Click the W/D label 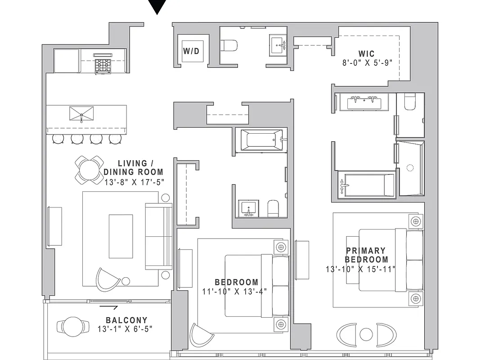tap(191, 51)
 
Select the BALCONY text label tap(125, 320)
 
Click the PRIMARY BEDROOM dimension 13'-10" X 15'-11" tap(360, 269)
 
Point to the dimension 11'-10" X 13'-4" tap(234, 291)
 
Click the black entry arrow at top tap(157, 7)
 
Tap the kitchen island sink tap(81, 113)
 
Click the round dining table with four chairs tap(89, 170)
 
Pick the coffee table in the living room tap(121, 236)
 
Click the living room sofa tap(159, 236)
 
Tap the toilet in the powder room tap(230, 45)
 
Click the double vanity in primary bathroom tap(365, 102)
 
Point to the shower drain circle tap(410, 168)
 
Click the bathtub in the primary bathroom tap(366, 185)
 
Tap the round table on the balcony tap(71, 326)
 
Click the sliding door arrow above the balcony tap(109, 308)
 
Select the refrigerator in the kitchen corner tap(67, 61)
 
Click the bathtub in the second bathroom tap(261, 139)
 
